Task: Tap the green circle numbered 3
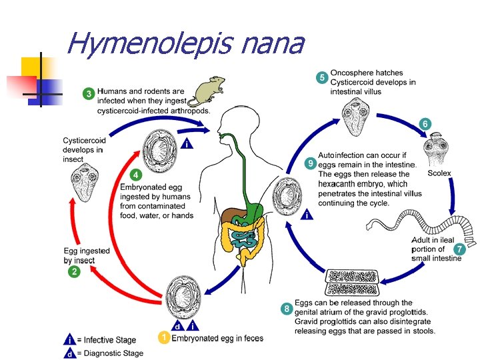click(x=88, y=93)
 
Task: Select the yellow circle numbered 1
click(x=163, y=338)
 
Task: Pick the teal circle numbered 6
click(x=425, y=124)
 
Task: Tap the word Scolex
click(x=439, y=173)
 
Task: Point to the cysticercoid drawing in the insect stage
click(x=85, y=184)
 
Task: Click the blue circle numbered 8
click(x=286, y=309)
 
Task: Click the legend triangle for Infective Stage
click(x=69, y=340)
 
